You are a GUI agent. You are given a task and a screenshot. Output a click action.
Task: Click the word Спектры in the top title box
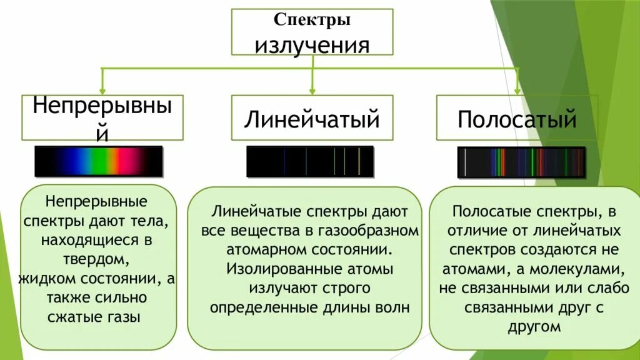[x=312, y=20]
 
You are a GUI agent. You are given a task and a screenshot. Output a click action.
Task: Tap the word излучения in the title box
[x=312, y=44]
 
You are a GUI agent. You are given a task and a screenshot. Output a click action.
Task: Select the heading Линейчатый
[x=312, y=118]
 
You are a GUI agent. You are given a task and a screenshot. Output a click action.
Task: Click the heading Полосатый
[x=517, y=118]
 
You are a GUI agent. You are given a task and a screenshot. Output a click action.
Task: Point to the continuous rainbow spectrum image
[x=99, y=161]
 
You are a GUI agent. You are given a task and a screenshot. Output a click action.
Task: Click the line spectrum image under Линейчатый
[x=310, y=161]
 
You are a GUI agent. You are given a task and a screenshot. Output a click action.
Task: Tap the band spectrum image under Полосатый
[x=521, y=162]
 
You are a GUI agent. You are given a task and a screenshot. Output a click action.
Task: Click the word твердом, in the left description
[x=96, y=258]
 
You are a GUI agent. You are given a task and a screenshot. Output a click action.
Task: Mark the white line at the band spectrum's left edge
[x=465, y=162]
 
